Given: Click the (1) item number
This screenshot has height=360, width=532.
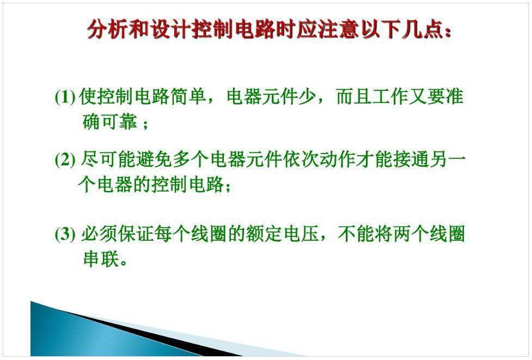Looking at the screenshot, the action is pyautogui.click(x=65, y=97).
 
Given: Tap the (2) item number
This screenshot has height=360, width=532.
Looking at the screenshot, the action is pyautogui.click(x=65, y=160).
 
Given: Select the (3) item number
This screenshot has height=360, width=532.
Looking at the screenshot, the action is pyautogui.click(x=65, y=234).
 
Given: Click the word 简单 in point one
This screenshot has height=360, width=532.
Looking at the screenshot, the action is pyautogui.click(x=188, y=97).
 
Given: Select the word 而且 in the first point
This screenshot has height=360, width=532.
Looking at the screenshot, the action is pyautogui.click(x=354, y=97).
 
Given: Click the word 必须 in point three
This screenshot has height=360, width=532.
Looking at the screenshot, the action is pyautogui.click(x=99, y=234).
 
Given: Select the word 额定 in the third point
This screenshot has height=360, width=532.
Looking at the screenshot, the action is pyautogui.click(x=264, y=234).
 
